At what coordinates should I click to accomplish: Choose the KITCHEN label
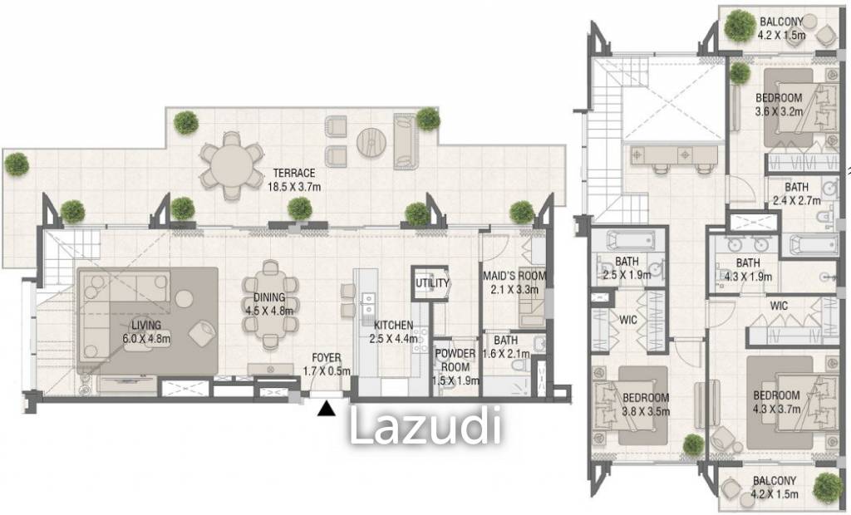pyautogui.click(x=394, y=325)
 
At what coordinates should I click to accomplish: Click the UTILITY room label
pyautogui.click(x=432, y=283)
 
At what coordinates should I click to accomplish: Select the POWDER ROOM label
pyautogui.click(x=455, y=359)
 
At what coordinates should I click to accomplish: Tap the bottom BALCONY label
pyautogui.click(x=774, y=481)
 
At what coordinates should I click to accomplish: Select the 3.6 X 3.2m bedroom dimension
pyautogui.click(x=779, y=110)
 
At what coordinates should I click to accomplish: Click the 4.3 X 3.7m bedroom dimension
pyautogui.click(x=776, y=408)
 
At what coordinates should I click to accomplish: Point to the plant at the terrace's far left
pyautogui.click(x=16, y=163)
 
